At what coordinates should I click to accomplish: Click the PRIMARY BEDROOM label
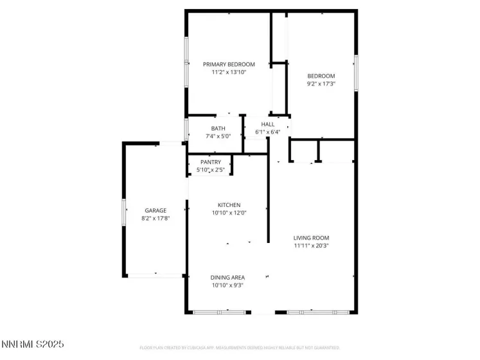point(229,64)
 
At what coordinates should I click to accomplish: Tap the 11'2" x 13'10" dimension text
point(229,72)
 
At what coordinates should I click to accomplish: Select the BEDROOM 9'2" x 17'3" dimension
point(321,84)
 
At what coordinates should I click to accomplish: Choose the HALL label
point(267,124)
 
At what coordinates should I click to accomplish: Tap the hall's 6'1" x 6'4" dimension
point(267,132)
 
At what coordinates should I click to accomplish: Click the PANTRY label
point(210,162)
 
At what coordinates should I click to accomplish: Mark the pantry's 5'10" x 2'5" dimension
point(210,170)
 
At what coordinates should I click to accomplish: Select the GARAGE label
point(156,210)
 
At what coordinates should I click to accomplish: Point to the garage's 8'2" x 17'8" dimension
point(156,218)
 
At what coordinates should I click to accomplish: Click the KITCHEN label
point(229,205)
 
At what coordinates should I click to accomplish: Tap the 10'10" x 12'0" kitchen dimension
point(229,213)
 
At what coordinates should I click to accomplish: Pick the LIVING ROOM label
point(311,238)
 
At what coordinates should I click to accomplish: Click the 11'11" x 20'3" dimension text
point(311,246)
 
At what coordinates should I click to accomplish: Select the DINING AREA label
point(227,278)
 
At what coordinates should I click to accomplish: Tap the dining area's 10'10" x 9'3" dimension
point(227,285)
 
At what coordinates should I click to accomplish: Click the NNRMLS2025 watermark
point(33,345)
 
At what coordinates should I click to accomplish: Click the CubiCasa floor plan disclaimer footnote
point(240,348)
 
